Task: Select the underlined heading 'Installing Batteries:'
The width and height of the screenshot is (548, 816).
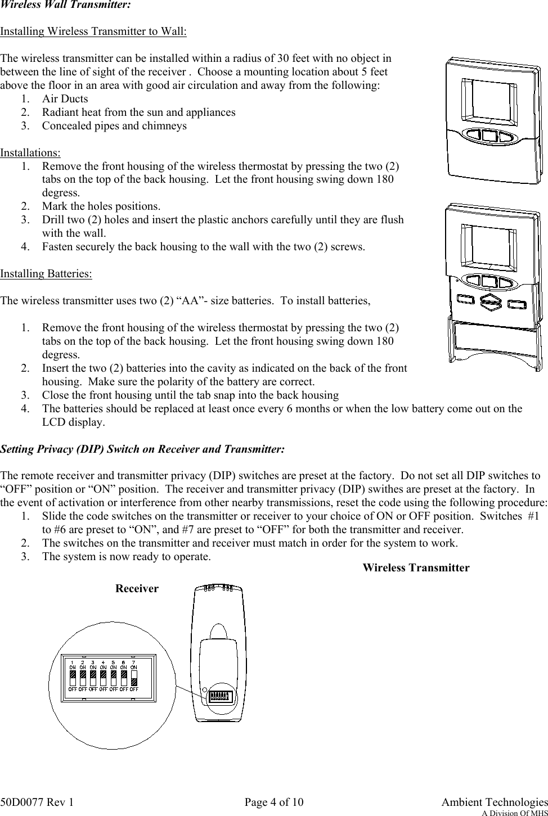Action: coord(46,274)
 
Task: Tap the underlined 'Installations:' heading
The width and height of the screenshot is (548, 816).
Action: coord(30,152)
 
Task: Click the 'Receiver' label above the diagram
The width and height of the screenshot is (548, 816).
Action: coord(137,588)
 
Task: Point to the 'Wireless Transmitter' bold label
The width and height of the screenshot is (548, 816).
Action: coord(416,567)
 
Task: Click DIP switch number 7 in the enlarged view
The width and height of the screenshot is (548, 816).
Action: coord(134,677)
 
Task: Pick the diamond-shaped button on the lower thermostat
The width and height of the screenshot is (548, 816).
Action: coord(489,303)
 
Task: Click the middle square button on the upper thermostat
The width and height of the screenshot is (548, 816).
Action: coord(489,136)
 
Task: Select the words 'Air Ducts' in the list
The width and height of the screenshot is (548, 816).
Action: coord(65,98)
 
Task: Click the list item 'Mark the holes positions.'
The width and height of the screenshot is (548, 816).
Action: coord(101,206)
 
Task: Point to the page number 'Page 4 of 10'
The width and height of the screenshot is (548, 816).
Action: coord(274,801)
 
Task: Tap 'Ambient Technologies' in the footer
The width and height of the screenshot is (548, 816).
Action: coord(495,801)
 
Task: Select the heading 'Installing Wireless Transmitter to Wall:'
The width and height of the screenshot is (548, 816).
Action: coord(93,31)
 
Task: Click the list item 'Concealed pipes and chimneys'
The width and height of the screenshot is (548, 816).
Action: coord(114,125)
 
